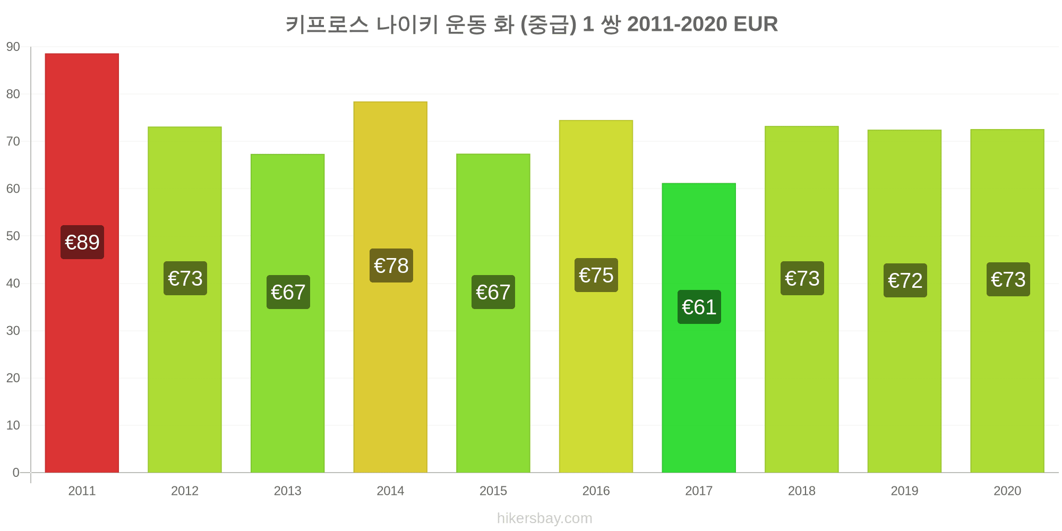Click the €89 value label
pos(82,242)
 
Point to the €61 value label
pos(699,307)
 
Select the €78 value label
pos(391,265)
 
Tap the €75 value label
pos(596,275)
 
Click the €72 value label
pos(905,280)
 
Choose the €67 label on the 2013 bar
pos(288,292)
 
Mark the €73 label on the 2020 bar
pos(1008,279)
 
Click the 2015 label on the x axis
pos(493,491)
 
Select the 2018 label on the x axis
pos(802,491)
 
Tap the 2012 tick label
pos(185,491)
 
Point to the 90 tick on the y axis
pos(13,47)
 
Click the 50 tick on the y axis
pos(13,236)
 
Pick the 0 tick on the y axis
pos(16,473)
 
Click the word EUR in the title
pos(756,24)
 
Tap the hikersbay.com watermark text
pos(545,518)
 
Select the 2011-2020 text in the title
pos(677,24)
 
